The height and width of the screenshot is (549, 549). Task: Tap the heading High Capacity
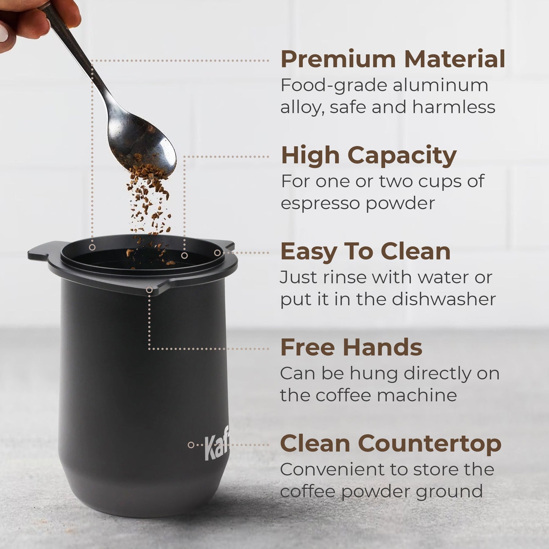pos(368,156)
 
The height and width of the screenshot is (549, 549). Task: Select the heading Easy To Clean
pos(365,252)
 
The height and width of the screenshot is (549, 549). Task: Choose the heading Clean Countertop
pos(391,444)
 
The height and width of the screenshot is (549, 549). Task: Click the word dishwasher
pos(444,299)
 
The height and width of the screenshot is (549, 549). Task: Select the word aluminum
pos(440,85)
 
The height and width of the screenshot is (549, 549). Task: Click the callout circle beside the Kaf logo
pos(191,445)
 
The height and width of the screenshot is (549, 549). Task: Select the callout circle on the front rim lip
pos(149,290)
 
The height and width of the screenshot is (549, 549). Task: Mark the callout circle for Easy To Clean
pos(217,253)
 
